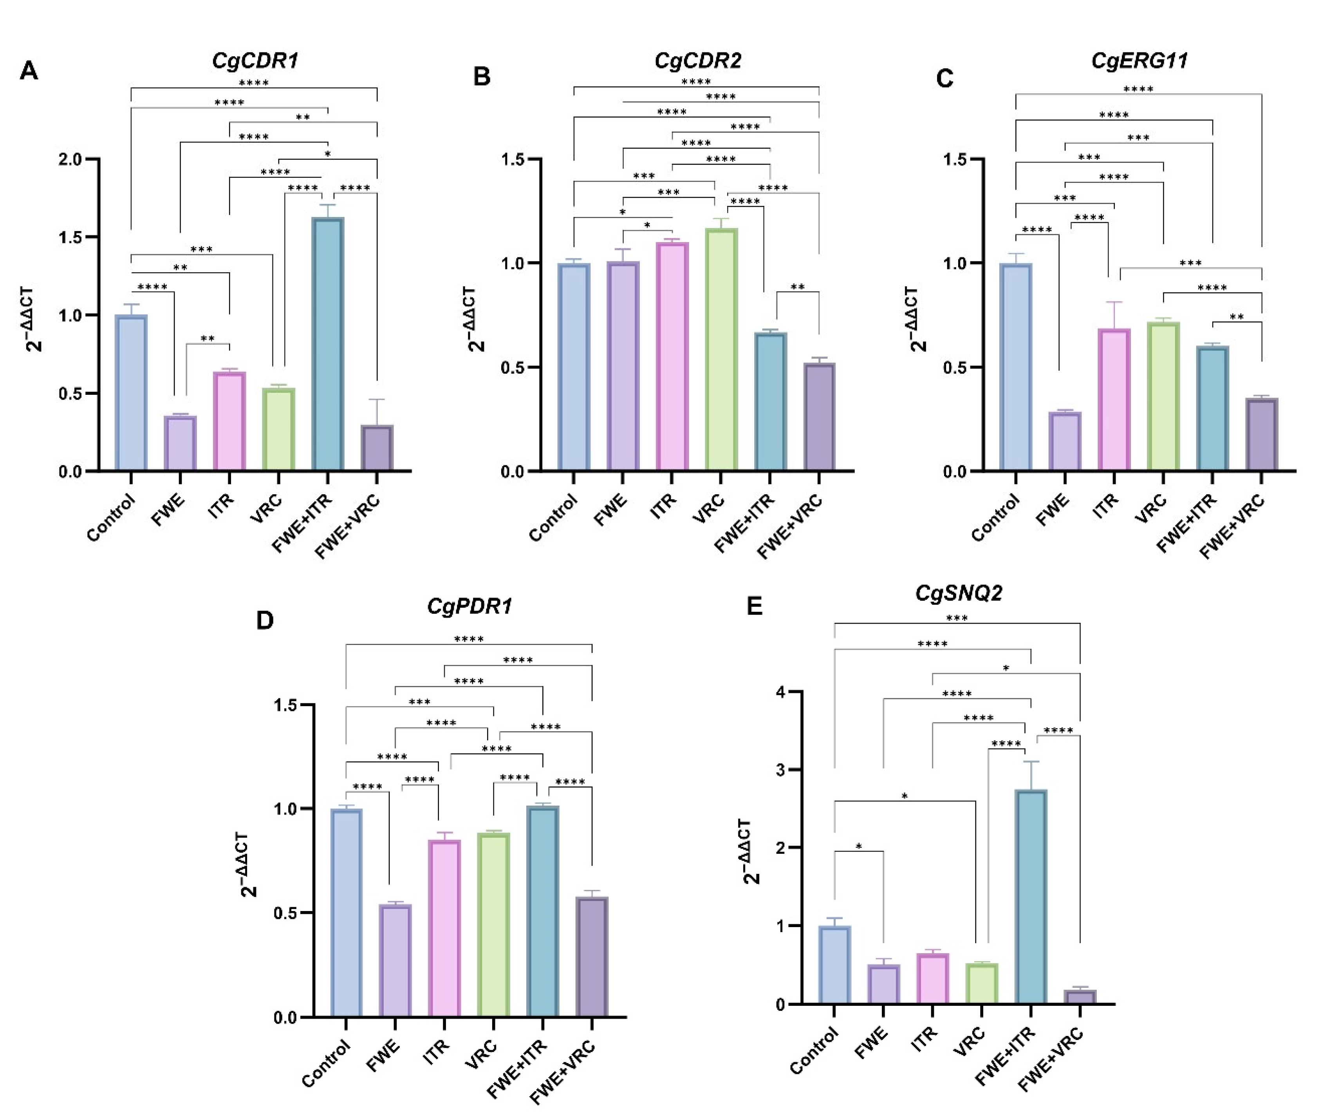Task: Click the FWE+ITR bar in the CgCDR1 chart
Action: coord(327,344)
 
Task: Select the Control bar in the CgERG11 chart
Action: coord(1015,367)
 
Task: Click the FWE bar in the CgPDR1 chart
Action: coord(395,961)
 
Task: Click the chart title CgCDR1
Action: coord(255,61)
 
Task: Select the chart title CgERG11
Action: coord(1139,61)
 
